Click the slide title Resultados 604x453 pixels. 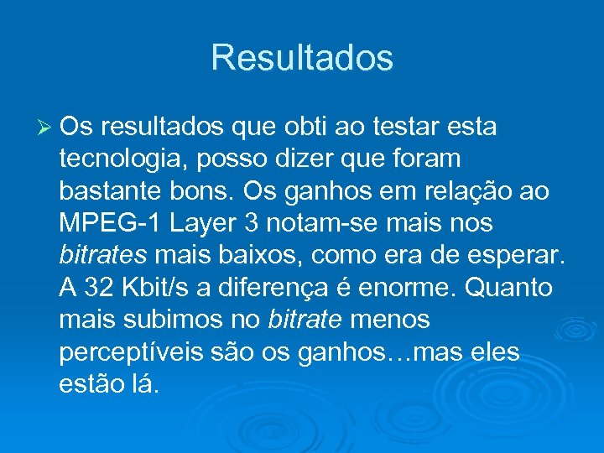tap(302, 58)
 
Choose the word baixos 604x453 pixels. tap(240, 256)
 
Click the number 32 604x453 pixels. tap(99, 288)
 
